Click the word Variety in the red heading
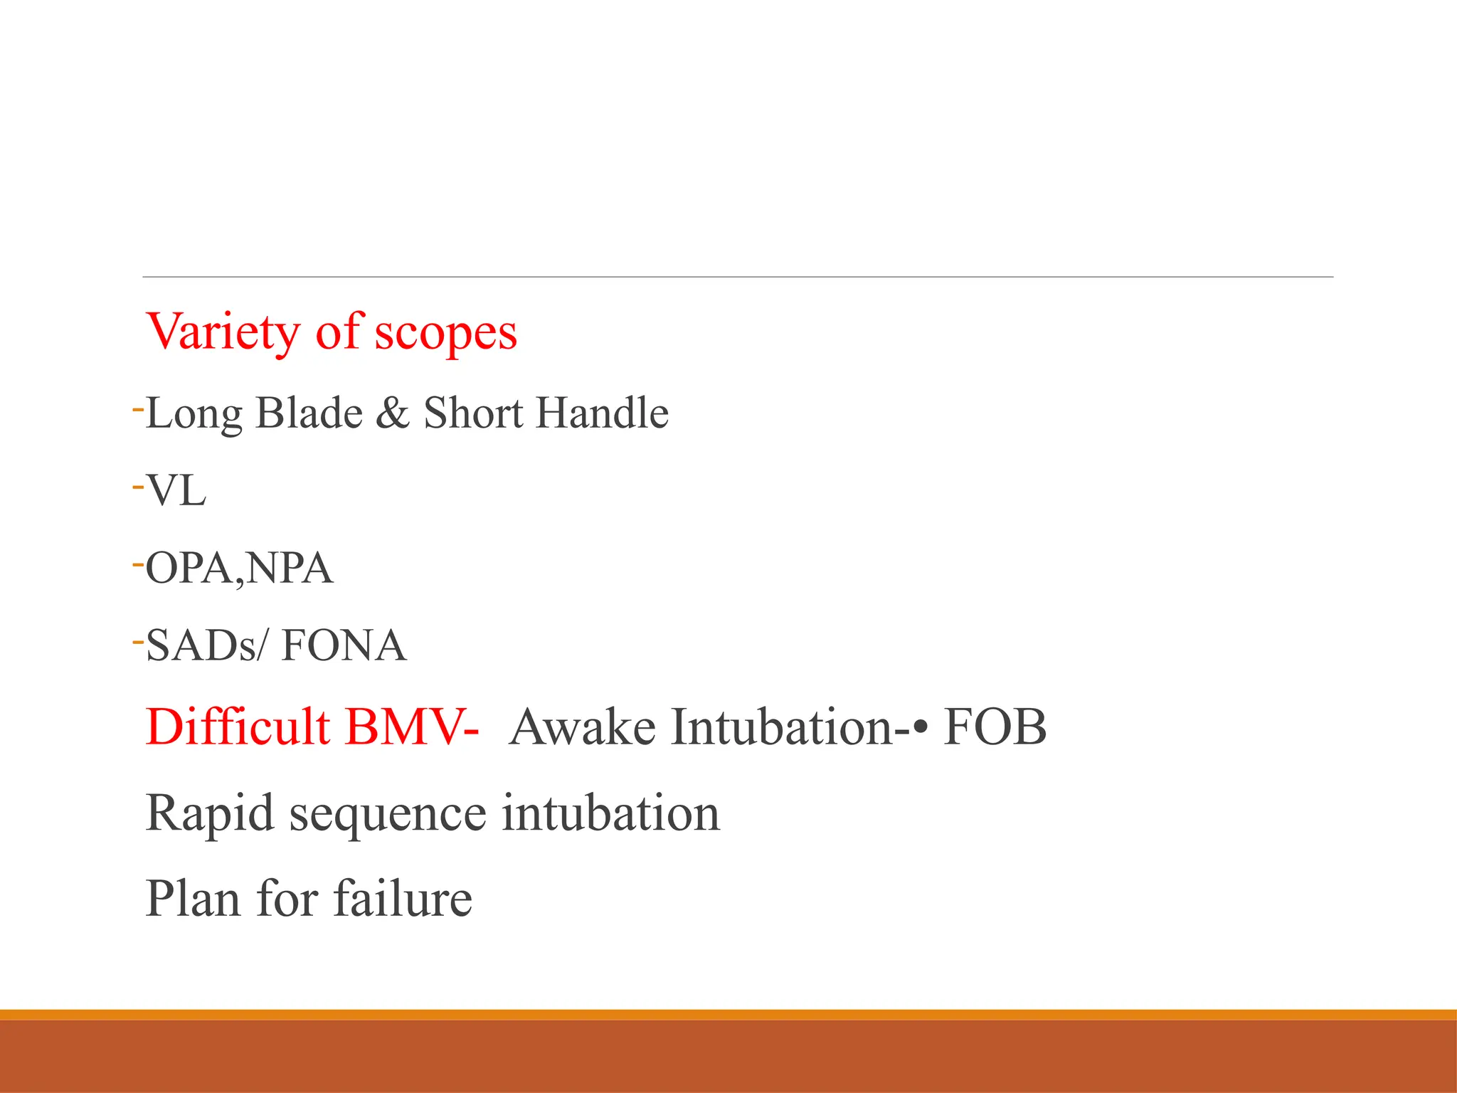[223, 332]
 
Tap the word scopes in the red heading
[445, 332]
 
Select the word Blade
[309, 413]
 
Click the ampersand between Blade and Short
[393, 413]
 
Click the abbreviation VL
[176, 491]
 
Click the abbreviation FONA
[344, 646]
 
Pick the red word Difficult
[238, 727]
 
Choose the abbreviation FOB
[995, 727]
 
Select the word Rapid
[209, 813]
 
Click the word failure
[403, 898]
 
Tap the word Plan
[193, 898]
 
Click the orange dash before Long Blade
[138, 410]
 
